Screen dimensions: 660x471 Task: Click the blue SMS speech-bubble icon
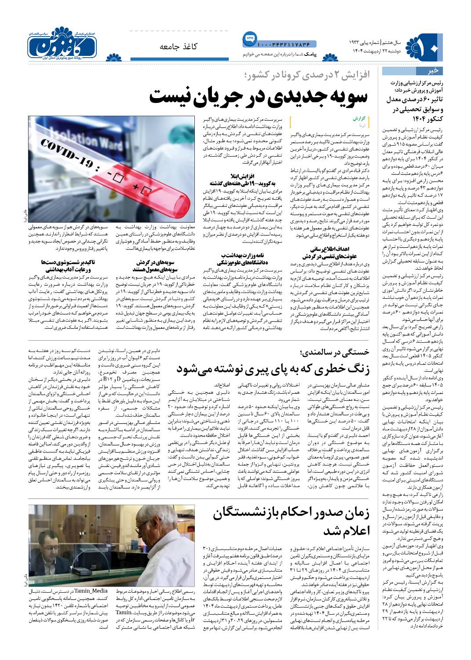click(248, 39)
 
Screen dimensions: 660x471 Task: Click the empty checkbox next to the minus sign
click(117, 178)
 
